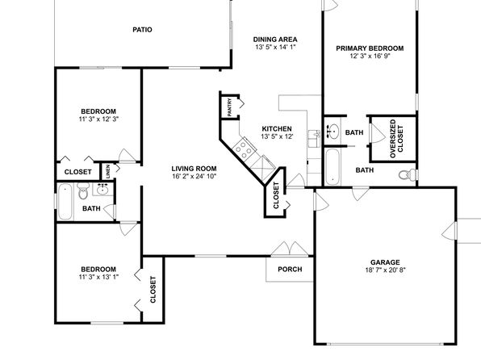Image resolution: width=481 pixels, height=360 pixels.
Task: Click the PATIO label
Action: coord(142,30)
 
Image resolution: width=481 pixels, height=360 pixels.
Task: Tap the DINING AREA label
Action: coord(275,40)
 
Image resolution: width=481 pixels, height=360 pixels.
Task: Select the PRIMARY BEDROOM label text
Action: coord(370,48)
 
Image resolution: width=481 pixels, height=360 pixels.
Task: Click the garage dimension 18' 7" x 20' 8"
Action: coord(385,270)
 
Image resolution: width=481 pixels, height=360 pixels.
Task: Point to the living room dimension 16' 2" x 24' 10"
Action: coord(194,176)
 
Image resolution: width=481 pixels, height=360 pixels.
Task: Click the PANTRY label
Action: coord(230,107)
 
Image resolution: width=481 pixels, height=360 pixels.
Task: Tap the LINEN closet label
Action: coord(107,172)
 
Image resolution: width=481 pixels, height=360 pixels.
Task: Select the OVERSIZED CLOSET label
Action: coord(396,139)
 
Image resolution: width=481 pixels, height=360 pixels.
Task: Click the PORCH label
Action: coord(290,269)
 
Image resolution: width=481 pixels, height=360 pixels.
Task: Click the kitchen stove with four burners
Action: coord(245,149)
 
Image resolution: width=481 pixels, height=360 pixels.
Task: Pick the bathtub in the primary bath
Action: coord(333,166)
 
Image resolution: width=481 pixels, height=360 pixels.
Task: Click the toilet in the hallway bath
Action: coord(83,190)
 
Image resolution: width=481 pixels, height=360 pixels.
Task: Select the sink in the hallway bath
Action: coord(102,190)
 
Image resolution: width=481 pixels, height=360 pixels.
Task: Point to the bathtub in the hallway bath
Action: coord(65,201)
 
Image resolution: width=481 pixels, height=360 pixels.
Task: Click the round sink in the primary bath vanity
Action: coord(333,132)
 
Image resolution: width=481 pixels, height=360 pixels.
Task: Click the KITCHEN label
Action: coord(277,129)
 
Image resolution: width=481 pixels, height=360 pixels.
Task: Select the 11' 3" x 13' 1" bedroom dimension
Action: coord(98,277)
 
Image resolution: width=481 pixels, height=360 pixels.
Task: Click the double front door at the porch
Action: coord(290,249)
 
